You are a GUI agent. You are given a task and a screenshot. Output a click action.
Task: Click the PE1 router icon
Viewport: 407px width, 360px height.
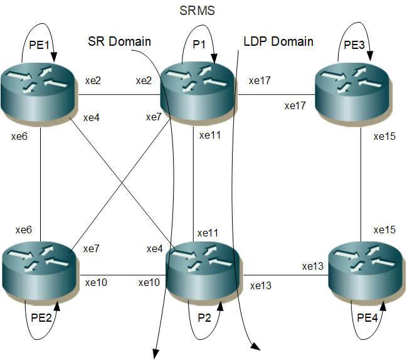[39, 95]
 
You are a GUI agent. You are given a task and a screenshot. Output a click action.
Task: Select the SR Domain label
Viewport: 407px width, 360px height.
[119, 42]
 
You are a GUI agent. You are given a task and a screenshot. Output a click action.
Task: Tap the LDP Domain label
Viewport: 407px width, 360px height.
[278, 42]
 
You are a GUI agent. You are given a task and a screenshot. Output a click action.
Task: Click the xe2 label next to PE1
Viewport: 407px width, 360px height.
[93, 81]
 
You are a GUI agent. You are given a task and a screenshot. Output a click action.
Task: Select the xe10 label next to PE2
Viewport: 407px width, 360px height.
[96, 282]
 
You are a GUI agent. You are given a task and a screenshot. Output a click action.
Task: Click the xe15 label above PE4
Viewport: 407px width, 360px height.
[384, 230]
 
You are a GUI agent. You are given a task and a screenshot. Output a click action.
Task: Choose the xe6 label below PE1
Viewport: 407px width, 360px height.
[21, 135]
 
